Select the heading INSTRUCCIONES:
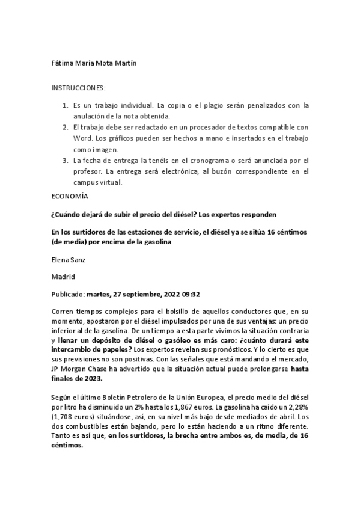point(79,88)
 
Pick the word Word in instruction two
point(82,138)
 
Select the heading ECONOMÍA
point(70,197)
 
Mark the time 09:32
point(190,295)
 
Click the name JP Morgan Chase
point(78,369)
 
